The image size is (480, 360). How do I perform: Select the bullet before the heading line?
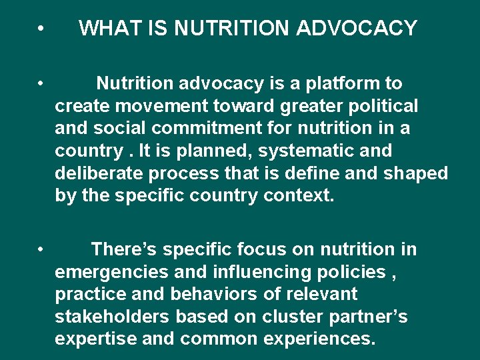pos(41,29)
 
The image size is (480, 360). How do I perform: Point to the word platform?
pos(339,83)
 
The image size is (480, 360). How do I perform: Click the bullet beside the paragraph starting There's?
pos(41,250)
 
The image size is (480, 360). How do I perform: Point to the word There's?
pos(124,250)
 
